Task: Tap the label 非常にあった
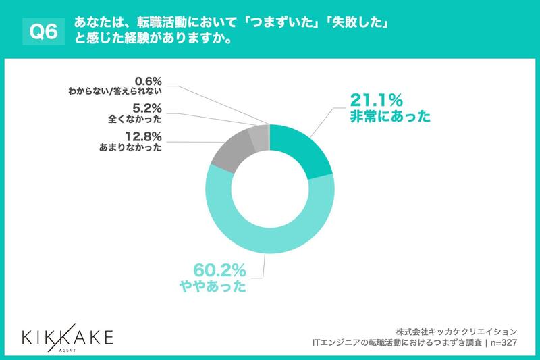pyautogui.click(x=389, y=117)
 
